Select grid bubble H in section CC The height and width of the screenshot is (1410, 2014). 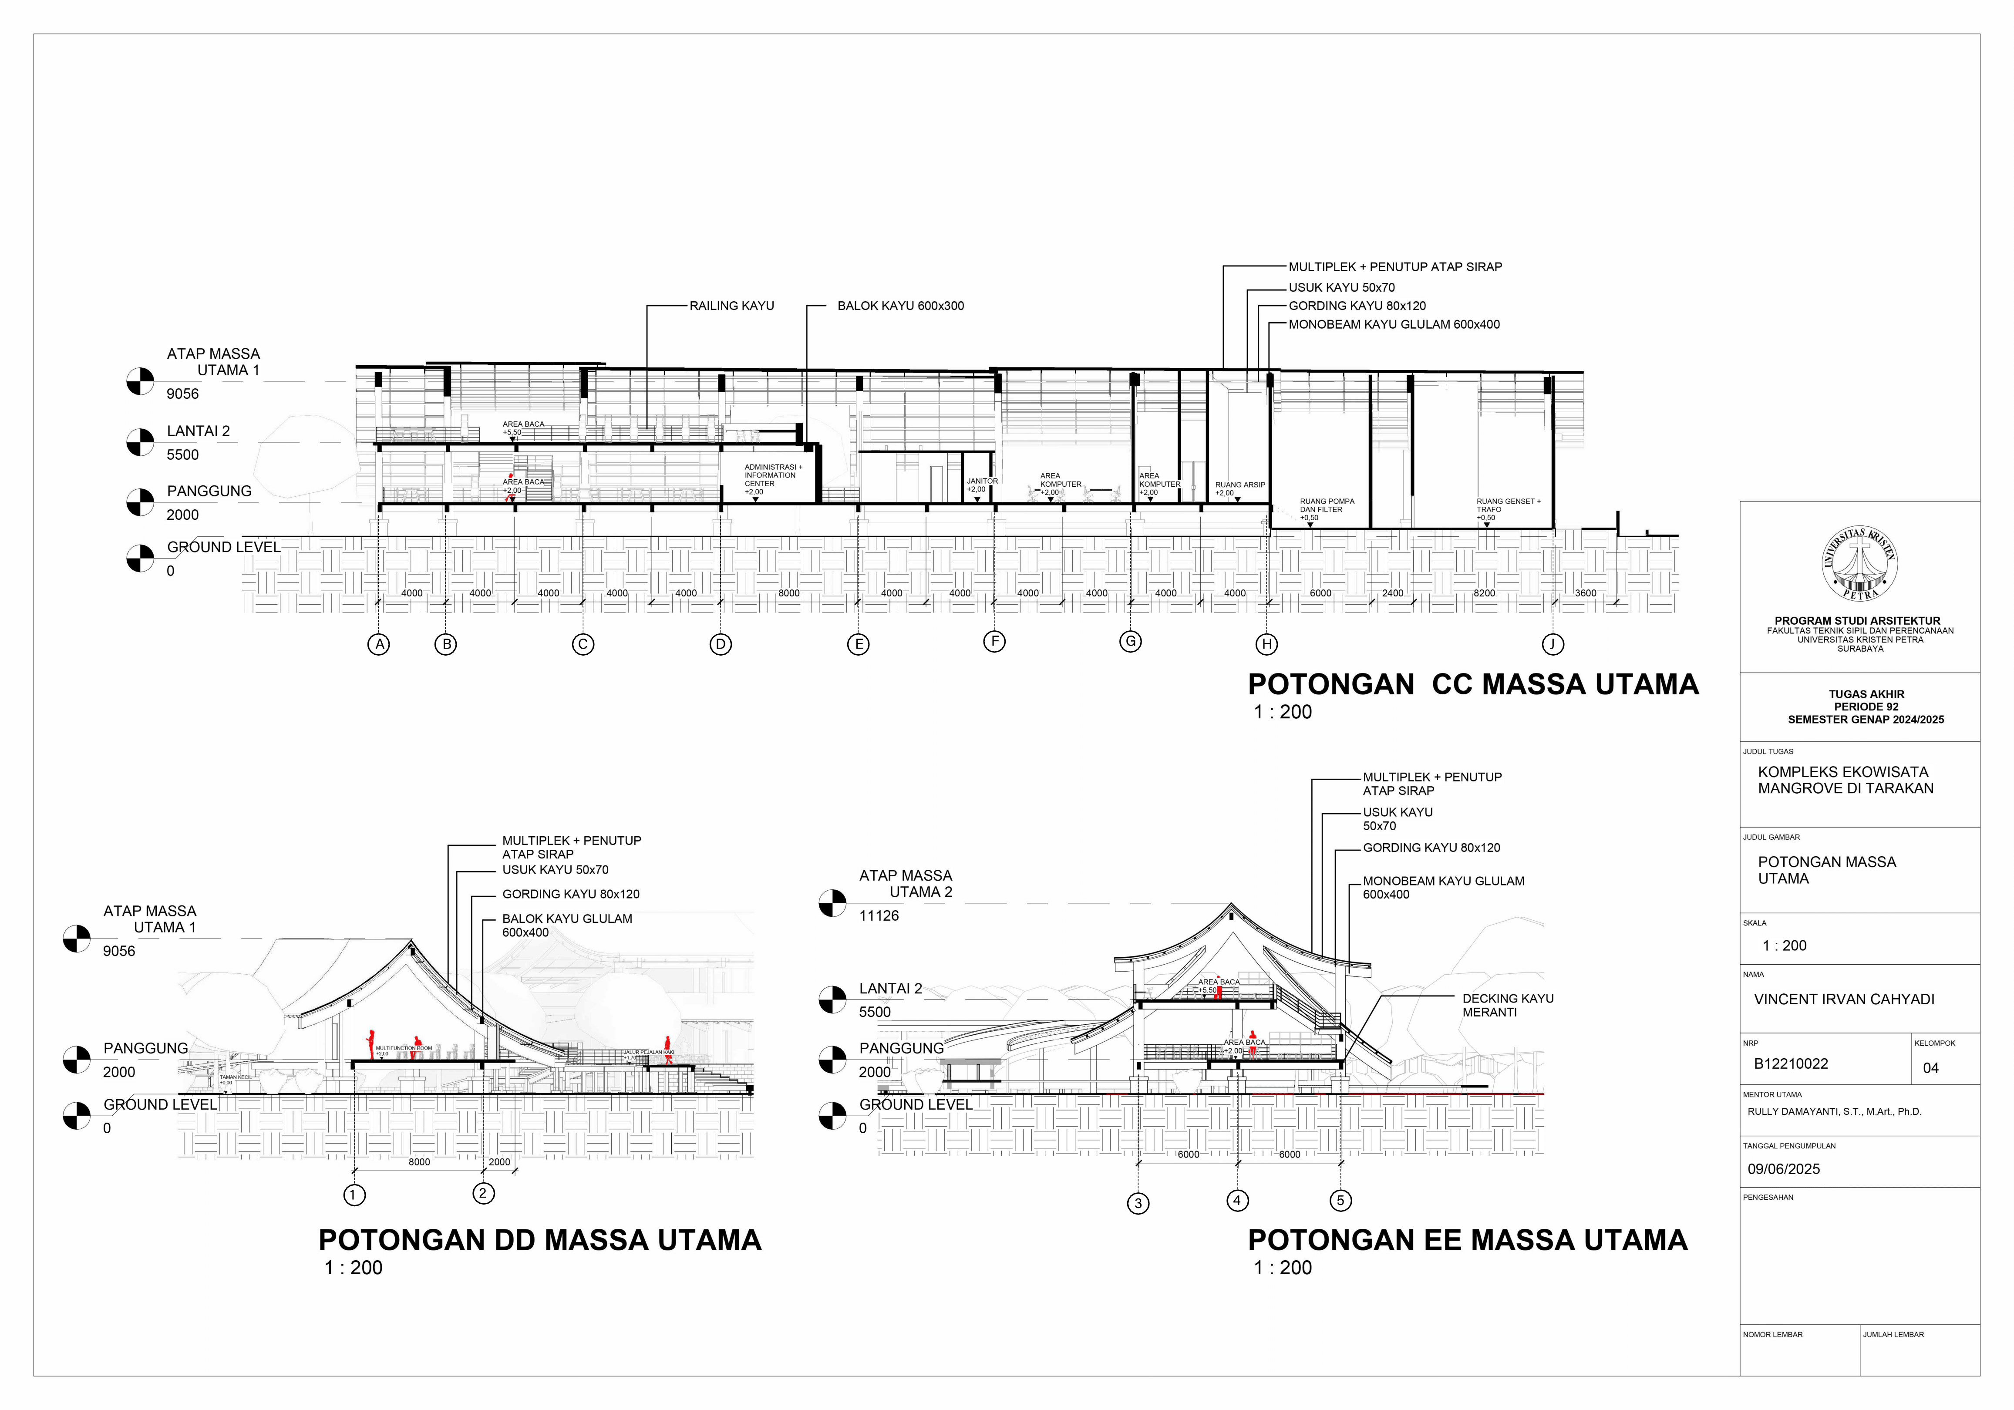1266,645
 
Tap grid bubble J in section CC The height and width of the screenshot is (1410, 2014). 1553,645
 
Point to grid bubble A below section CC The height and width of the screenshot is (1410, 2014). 379,645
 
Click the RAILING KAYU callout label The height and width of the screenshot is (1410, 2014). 731,306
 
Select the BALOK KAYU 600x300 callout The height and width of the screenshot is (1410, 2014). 900,306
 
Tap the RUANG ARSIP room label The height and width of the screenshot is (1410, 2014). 1239,485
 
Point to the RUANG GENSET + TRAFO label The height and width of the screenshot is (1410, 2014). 1508,505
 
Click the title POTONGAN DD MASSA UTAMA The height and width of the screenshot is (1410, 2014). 539,1240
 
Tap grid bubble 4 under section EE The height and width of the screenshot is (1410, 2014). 1237,1201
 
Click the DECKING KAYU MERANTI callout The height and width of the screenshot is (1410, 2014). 1507,1005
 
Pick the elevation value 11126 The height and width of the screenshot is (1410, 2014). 879,915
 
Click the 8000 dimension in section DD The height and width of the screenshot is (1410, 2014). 419,1162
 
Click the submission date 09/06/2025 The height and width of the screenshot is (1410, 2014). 1783,1169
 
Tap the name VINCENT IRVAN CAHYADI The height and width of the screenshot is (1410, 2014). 1844,999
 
